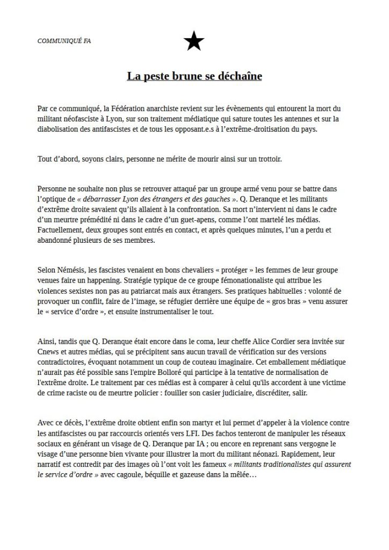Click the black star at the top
194,41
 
